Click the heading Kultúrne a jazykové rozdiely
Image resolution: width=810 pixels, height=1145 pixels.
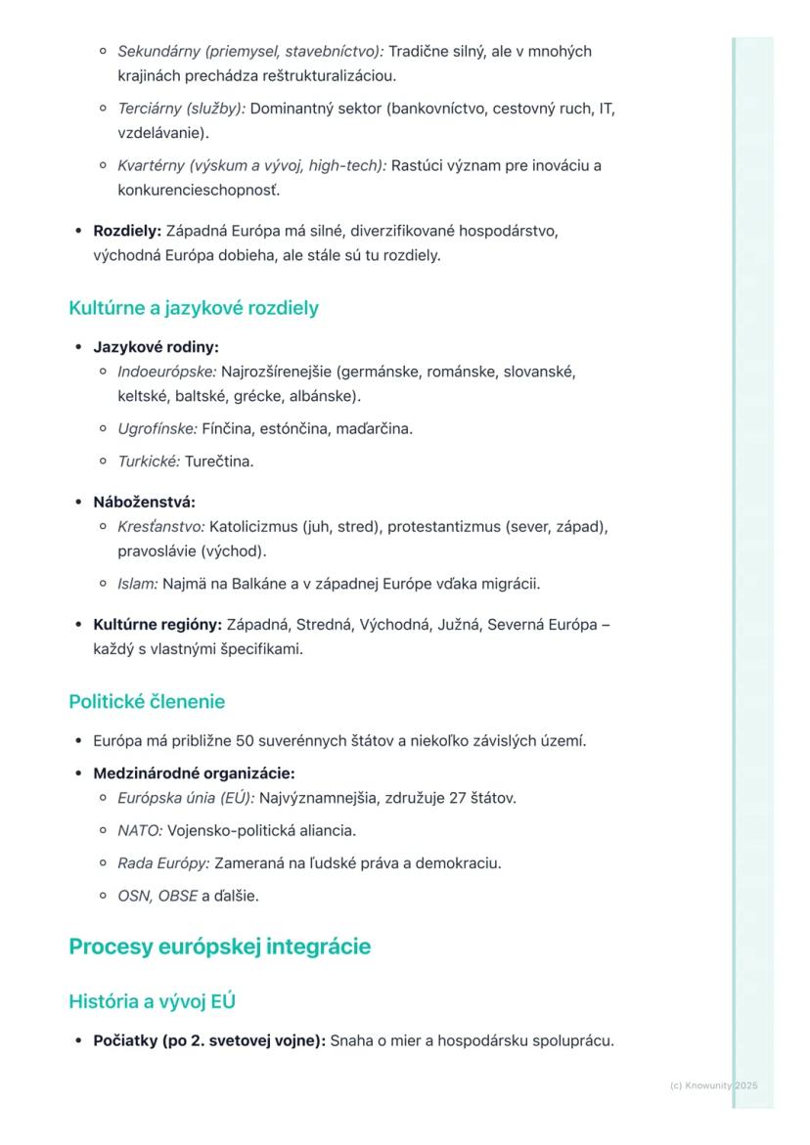(x=194, y=309)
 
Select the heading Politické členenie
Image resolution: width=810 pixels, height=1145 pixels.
(x=147, y=702)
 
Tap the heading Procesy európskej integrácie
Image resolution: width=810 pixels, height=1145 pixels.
(x=220, y=947)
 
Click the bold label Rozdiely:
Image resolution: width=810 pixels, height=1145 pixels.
(x=127, y=232)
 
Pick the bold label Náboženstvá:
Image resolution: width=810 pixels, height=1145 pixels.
(x=144, y=503)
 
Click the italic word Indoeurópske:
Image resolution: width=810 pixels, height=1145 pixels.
(x=167, y=372)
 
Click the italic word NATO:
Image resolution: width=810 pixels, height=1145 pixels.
(x=140, y=831)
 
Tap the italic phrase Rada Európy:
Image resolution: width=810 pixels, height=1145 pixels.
(x=163, y=863)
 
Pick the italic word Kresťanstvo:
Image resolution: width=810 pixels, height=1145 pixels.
(x=161, y=527)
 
